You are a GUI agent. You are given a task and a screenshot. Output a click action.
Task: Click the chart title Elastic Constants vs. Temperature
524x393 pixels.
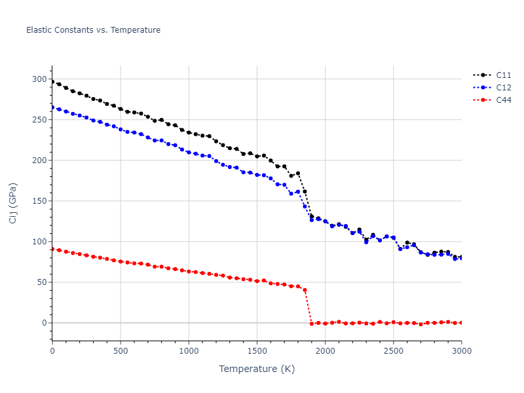click(x=93, y=30)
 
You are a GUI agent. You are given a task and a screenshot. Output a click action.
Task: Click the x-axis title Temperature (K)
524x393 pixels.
click(x=257, y=369)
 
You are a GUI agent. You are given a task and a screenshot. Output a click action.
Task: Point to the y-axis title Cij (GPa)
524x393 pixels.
click(x=13, y=202)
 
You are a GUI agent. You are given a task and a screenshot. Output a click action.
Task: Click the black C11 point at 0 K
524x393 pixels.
click(x=52, y=82)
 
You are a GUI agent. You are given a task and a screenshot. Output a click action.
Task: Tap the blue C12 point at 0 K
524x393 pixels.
click(x=52, y=107)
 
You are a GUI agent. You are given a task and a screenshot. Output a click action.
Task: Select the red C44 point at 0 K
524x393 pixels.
click(x=52, y=249)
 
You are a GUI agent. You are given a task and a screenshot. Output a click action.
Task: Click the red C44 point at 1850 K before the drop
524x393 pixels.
click(x=305, y=290)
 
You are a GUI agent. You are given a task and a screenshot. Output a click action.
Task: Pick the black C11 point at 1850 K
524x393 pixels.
click(x=305, y=191)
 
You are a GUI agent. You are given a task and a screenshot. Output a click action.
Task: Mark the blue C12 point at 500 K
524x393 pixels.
click(x=121, y=130)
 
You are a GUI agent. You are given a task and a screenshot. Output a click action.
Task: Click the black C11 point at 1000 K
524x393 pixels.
click(x=189, y=132)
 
